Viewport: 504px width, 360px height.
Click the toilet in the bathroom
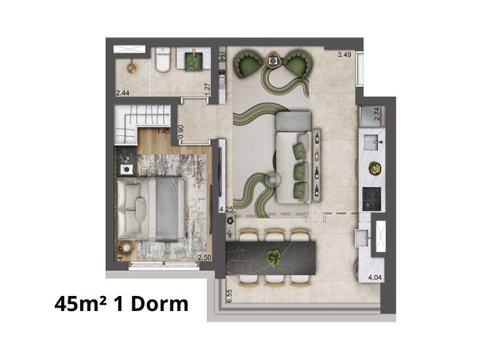pyautogui.click(x=163, y=59)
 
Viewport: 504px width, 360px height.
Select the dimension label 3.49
pyautogui.click(x=344, y=55)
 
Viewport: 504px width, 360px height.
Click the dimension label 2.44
pyautogui.click(x=122, y=93)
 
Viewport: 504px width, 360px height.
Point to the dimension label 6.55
pyautogui.click(x=230, y=296)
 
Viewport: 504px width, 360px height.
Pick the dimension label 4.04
pyautogui.click(x=375, y=277)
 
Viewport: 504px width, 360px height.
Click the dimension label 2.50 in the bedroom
pyautogui.click(x=204, y=258)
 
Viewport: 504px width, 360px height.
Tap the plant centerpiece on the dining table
pyautogui.click(x=273, y=257)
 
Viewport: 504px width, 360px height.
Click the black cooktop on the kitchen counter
pyautogui.click(x=372, y=199)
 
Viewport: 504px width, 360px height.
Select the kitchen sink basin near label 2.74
pyautogui.click(x=373, y=142)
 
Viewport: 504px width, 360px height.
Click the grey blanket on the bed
pyautogui.click(x=167, y=209)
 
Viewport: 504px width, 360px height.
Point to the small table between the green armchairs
pyautogui.click(x=273, y=60)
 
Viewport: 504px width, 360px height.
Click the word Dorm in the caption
pyautogui.click(x=160, y=304)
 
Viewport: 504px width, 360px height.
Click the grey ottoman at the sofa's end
pyautogui.click(x=294, y=121)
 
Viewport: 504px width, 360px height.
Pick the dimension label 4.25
pyautogui.click(x=226, y=210)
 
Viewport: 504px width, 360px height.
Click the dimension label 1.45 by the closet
pyautogui.click(x=163, y=131)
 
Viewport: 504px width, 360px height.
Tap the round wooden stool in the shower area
pyautogui.click(x=132, y=68)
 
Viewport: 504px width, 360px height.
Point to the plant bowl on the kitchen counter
pyautogui.click(x=375, y=168)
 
